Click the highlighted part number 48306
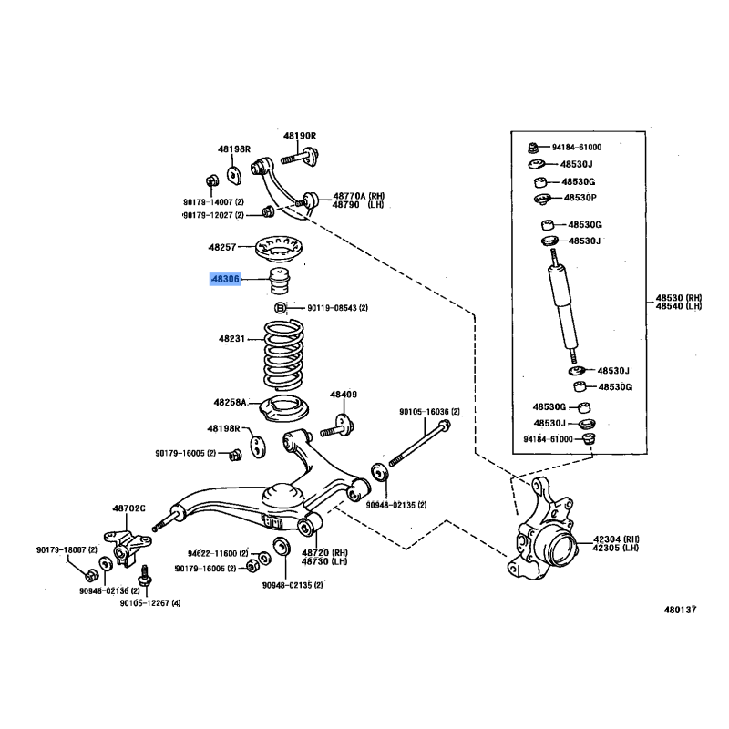pos(225,279)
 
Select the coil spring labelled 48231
pos(283,355)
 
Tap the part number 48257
pos(222,247)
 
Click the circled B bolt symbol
pos(280,308)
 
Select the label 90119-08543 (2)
pos(337,308)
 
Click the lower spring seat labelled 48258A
pos(284,407)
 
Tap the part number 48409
pos(344,395)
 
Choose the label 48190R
pos(300,136)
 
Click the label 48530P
pos(580,198)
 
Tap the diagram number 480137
pos(680,610)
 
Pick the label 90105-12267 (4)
pos(150,603)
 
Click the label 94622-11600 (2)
pos(218,553)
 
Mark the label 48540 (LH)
pos(679,306)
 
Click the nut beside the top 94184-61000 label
pos(533,148)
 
